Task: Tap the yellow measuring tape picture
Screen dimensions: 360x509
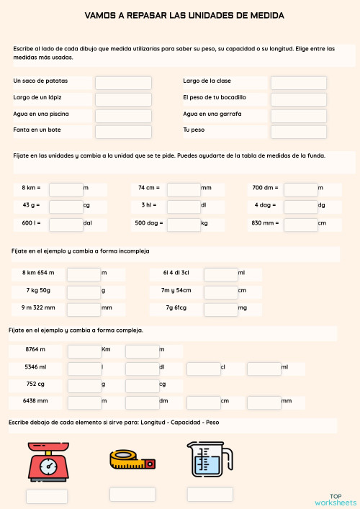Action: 132,461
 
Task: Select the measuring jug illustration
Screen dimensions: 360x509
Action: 210,460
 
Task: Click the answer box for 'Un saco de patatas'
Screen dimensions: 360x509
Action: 123,83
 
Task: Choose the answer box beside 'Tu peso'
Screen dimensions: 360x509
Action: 299,132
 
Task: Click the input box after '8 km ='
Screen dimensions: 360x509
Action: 66,189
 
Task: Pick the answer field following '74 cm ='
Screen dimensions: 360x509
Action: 184,189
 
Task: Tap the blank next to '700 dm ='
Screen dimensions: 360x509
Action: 301,189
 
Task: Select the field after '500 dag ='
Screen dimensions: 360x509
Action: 184,225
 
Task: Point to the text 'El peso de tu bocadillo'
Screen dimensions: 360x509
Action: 215,97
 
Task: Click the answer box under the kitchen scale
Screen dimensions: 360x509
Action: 47,496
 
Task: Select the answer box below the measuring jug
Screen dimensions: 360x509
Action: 210,495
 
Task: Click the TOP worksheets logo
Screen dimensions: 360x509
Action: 335,499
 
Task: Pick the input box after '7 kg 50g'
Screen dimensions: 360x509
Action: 84,291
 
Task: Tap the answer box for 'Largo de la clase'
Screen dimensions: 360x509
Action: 299,83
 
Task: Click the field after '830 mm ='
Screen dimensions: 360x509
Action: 301,225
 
